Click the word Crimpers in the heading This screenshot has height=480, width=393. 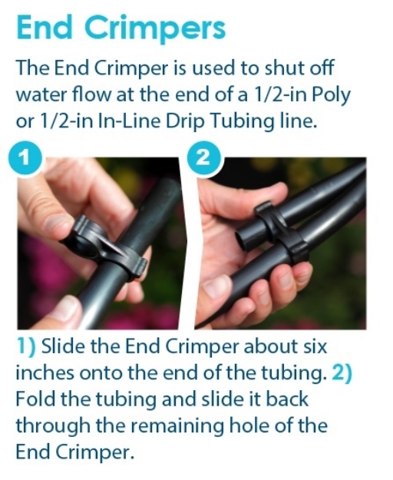(157, 28)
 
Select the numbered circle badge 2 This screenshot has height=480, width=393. (209, 159)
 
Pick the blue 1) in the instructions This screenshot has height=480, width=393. (27, 346)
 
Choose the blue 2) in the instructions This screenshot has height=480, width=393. (344, 372)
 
